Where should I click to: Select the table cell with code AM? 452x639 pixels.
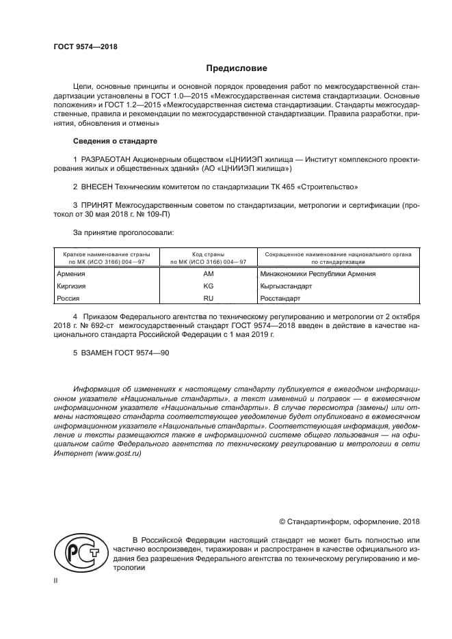[x=209, y=274]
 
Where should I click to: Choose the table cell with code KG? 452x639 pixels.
[x=209, y=286]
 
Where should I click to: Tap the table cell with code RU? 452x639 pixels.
[x=209, y=299]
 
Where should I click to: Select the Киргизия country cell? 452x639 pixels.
[x=70, y=286]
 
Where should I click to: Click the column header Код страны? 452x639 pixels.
[x=209, y=254]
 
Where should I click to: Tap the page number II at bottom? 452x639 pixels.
[x=57, y=580]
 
